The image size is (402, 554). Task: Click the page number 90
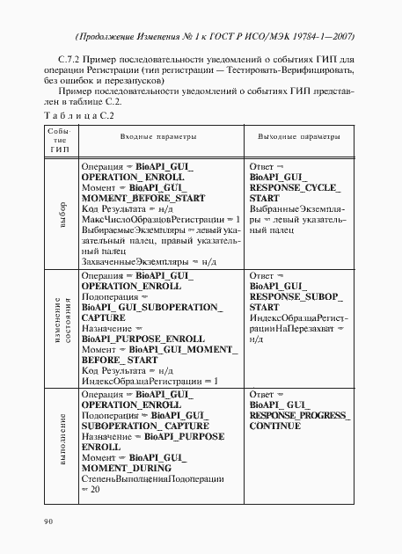tap(48, 521)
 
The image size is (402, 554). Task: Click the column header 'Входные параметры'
tap(159, 139)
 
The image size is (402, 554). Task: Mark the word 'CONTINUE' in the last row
tap(275, 425)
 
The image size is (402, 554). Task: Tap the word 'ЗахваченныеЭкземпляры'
tap(127, 260)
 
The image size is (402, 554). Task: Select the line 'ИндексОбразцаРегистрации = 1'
tap(149, 380)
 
